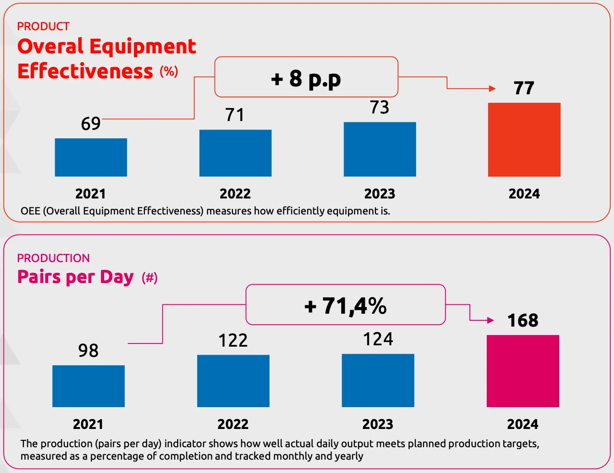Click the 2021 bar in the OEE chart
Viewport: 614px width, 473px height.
(91, 157)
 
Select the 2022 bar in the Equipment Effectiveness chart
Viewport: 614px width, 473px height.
(235, 153)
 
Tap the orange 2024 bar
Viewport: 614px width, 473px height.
(524, 140)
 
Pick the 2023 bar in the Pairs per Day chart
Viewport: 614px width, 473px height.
(378, 380)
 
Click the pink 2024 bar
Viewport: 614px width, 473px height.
(523, 371)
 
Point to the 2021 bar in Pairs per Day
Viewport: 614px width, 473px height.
(89, 386)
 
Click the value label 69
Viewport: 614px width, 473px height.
(91, 123)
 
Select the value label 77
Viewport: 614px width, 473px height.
(524, 88)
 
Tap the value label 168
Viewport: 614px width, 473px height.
(523, 320)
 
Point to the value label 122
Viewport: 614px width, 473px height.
(233, 340)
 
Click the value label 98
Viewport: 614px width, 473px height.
(88, 351)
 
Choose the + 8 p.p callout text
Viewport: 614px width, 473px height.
(306, 79)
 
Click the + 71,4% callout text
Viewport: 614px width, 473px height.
(346, 306)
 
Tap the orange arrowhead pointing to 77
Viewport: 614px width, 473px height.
(492, 89)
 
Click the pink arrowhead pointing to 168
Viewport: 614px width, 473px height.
(491, 320)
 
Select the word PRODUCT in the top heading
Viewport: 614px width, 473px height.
(43, 26)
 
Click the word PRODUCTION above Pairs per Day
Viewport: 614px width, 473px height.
(53, 258)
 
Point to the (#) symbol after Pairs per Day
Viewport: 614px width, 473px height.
(149, 278)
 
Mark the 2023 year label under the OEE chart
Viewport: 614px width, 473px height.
(380, 194)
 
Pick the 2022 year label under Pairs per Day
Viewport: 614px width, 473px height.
(233, 424)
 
